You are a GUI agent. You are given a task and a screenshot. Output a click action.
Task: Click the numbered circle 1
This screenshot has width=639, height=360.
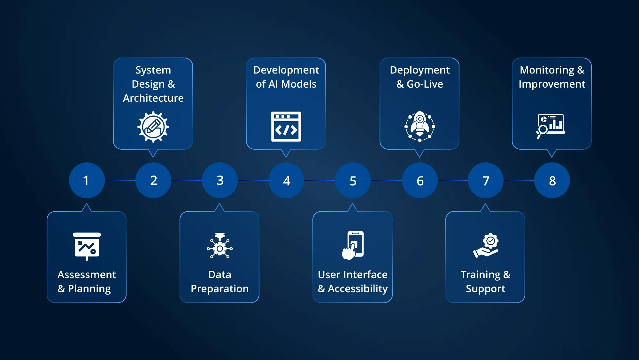(87, 180)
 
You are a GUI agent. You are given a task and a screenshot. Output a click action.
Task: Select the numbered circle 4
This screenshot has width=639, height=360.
(286, 180)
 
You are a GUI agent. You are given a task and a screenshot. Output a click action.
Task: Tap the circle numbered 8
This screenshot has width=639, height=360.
(552, 180)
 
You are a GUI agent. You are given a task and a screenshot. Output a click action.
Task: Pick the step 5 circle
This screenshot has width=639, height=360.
(353, 180)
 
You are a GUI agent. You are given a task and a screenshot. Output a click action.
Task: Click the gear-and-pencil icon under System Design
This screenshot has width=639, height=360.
(153, 127)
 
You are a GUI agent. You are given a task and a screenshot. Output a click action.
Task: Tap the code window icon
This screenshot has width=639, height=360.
(286, 127)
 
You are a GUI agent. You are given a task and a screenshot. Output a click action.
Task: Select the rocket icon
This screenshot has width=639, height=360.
(420, 126)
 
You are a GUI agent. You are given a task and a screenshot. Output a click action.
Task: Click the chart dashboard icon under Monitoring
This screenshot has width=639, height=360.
(551, 126)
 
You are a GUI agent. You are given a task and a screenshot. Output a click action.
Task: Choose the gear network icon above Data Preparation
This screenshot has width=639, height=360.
(220, 246)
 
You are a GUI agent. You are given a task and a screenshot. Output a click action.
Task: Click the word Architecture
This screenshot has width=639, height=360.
(153, 98)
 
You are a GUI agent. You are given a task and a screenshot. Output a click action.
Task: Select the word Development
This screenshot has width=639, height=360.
(286, 70)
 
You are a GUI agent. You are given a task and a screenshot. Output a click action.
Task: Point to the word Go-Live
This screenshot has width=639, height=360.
(425, 84)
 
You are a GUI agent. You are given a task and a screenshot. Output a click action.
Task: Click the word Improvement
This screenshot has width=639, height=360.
(552, 84)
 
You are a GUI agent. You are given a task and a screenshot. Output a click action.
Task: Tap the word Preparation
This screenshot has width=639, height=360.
(220, 289)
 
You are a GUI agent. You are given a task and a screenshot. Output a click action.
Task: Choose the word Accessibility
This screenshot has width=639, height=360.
(358, 289)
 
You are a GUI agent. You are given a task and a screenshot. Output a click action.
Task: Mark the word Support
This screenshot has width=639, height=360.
(486, 289)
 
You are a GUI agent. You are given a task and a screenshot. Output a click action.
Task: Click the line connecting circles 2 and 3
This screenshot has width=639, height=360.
(187, 180)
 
